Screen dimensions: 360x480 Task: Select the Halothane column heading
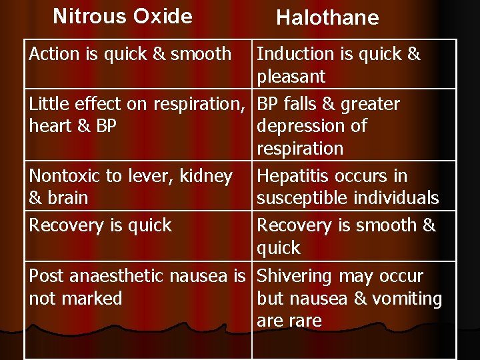[327, 18]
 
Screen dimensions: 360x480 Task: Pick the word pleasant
[291, 77]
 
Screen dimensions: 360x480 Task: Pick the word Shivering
[295, 276]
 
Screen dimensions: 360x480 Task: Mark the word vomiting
[410, 299]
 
